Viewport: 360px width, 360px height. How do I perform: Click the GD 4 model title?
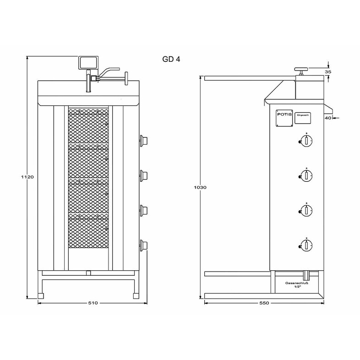point(172,60)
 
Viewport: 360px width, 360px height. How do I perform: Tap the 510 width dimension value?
point(93,303)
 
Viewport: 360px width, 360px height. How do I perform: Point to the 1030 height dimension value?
point(198,188)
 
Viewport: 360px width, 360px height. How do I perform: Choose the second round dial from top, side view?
point(306,175)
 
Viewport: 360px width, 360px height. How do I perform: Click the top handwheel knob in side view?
point(301,69)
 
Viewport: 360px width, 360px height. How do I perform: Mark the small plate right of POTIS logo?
point(303,116)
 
